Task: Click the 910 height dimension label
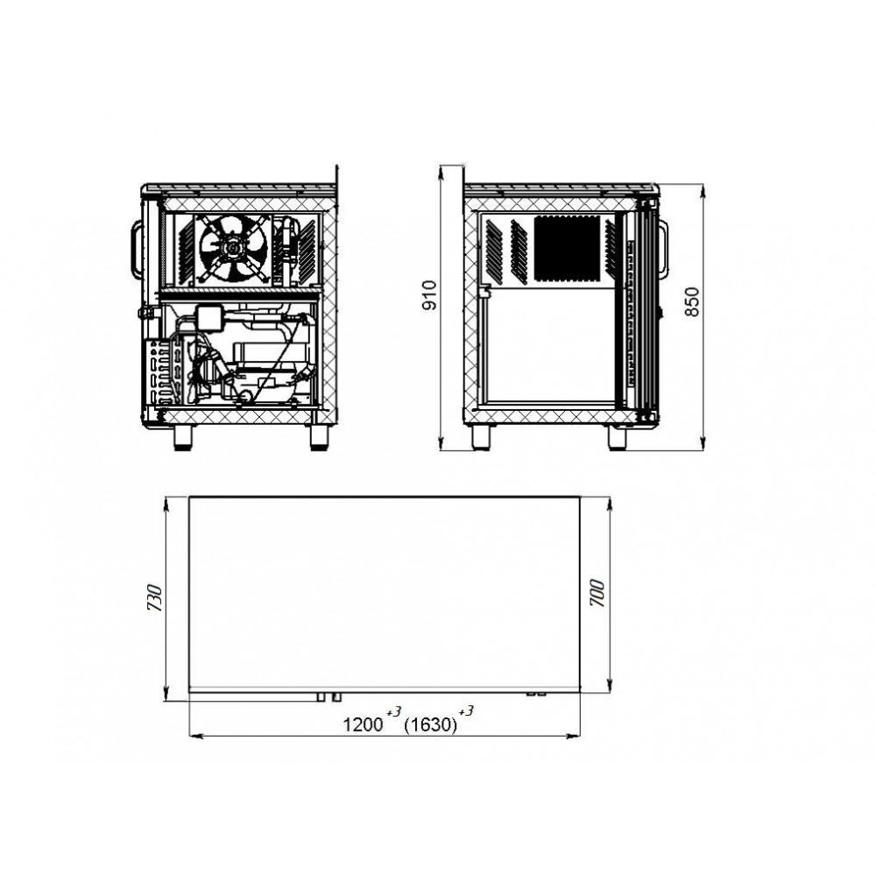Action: coord(429,295)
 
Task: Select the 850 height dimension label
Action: coord(692,301)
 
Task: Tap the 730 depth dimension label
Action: coord(155,597)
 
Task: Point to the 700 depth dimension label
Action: coord(597,593)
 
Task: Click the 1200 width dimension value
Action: coord(363,725)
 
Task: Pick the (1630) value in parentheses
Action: coord(430,725)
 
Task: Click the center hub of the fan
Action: coord(232,246)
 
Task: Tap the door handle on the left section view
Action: coord(136,249)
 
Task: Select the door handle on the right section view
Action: coord(663,249)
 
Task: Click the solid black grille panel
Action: coord(567,248)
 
